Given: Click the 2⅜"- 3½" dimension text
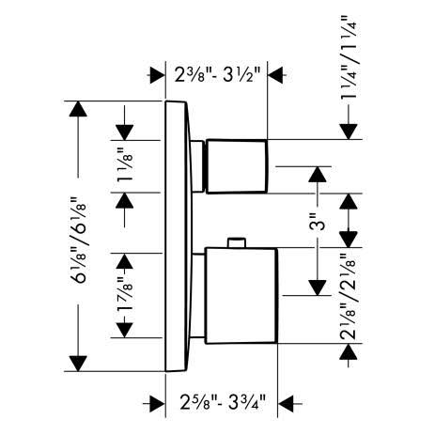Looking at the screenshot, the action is pyautogui.click(x=217, y=75).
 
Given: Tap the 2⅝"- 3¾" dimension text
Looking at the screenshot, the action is pyautogui.click(x=224, y=402).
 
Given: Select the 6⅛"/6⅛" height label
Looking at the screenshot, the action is pyautogui.click(x=78, y=241).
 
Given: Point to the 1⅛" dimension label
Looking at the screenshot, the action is pyautogui.click(x=125, y=165).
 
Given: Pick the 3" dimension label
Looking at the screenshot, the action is pyautogui.click(x=317, y=222).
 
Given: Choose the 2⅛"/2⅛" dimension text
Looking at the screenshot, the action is pyautogui.click(x=348, y=297).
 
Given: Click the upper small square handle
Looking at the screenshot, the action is pyautogui.click(x=237, y=166).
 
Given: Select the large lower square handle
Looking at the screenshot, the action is pyautogui.click(x=241, y=296).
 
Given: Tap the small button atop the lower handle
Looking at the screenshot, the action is pyautogui.click(x=237, y=242).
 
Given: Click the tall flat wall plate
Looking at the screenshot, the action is pyautogui.click(x=178, y=237).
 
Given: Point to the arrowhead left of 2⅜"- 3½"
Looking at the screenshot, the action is pyautogui.click(x=158, y=75).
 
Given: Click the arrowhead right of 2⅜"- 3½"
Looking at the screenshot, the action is pyautogui.click(x=275, y=75).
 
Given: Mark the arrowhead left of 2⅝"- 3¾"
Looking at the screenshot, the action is pyautogui.click(x=158, y=404).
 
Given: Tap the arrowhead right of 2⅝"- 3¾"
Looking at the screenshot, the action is pyautogui.click(x=286, y=404).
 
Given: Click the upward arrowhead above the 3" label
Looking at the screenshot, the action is pyautogui.click(x=318, y=174).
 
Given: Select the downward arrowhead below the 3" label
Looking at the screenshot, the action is pyautogui.click(x=318, y=287).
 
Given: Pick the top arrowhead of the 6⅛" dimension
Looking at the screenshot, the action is pyautogui.click(x=78, y=109).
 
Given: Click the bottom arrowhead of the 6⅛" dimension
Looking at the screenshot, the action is pyautogui.click(x=78, y=364).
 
